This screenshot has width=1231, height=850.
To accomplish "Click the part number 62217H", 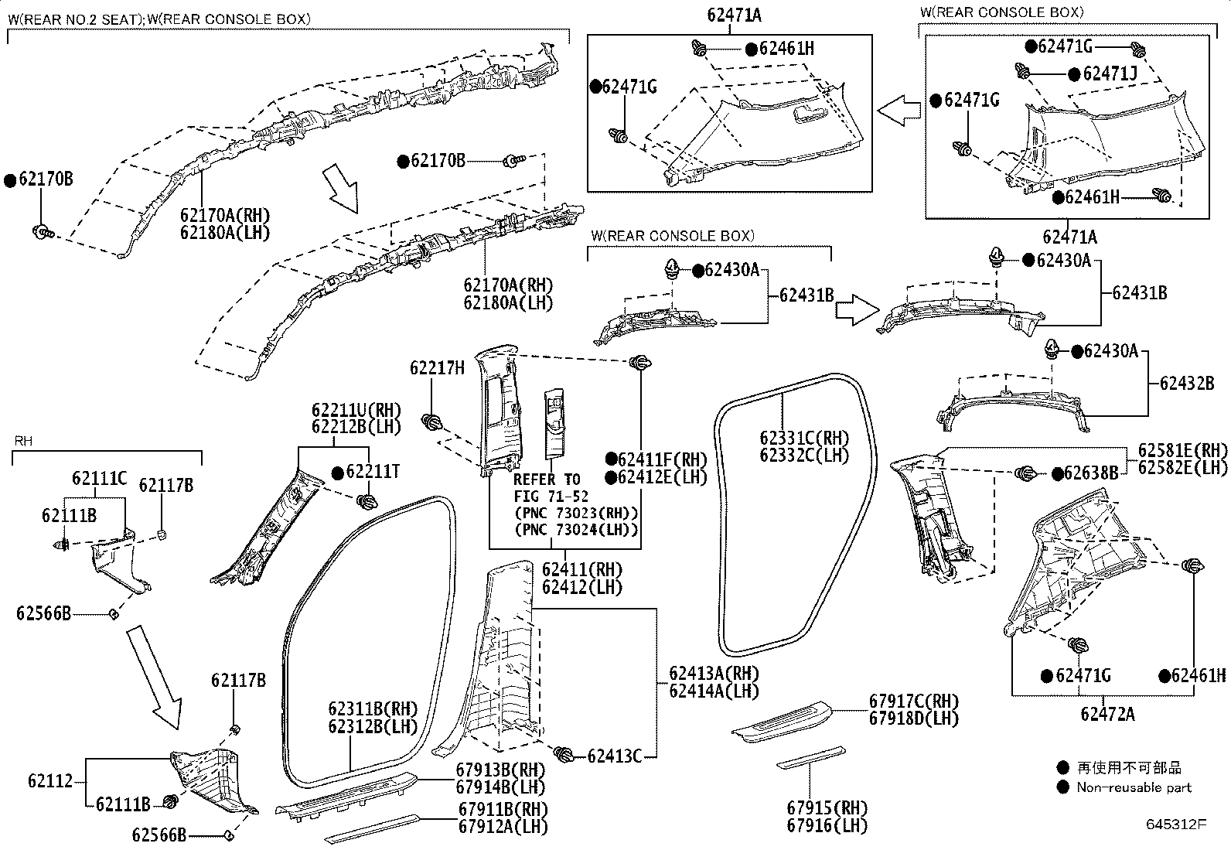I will pos(437,369).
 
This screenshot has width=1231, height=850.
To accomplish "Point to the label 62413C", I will pos(614,756).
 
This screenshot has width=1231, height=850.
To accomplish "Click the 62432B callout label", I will pos(1186,383).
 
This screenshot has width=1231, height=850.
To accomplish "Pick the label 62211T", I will pos(373,472).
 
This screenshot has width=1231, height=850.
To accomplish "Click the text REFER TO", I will pos(547,479).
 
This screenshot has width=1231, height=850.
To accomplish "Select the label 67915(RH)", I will pos(827,808).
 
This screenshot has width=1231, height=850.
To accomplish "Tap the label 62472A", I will pos(1107,714).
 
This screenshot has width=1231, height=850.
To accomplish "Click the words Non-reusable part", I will pos(1134,787).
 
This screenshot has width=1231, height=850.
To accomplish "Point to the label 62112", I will pos(50,781).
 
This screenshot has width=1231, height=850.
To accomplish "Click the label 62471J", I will pos(1110,73).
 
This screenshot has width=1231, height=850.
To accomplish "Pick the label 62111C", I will pos(99,479).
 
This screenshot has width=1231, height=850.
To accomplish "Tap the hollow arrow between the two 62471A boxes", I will pos(899,111).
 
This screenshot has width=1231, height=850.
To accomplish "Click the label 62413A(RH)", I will pos(714,673).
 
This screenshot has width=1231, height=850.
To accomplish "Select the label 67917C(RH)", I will pos(913,701).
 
